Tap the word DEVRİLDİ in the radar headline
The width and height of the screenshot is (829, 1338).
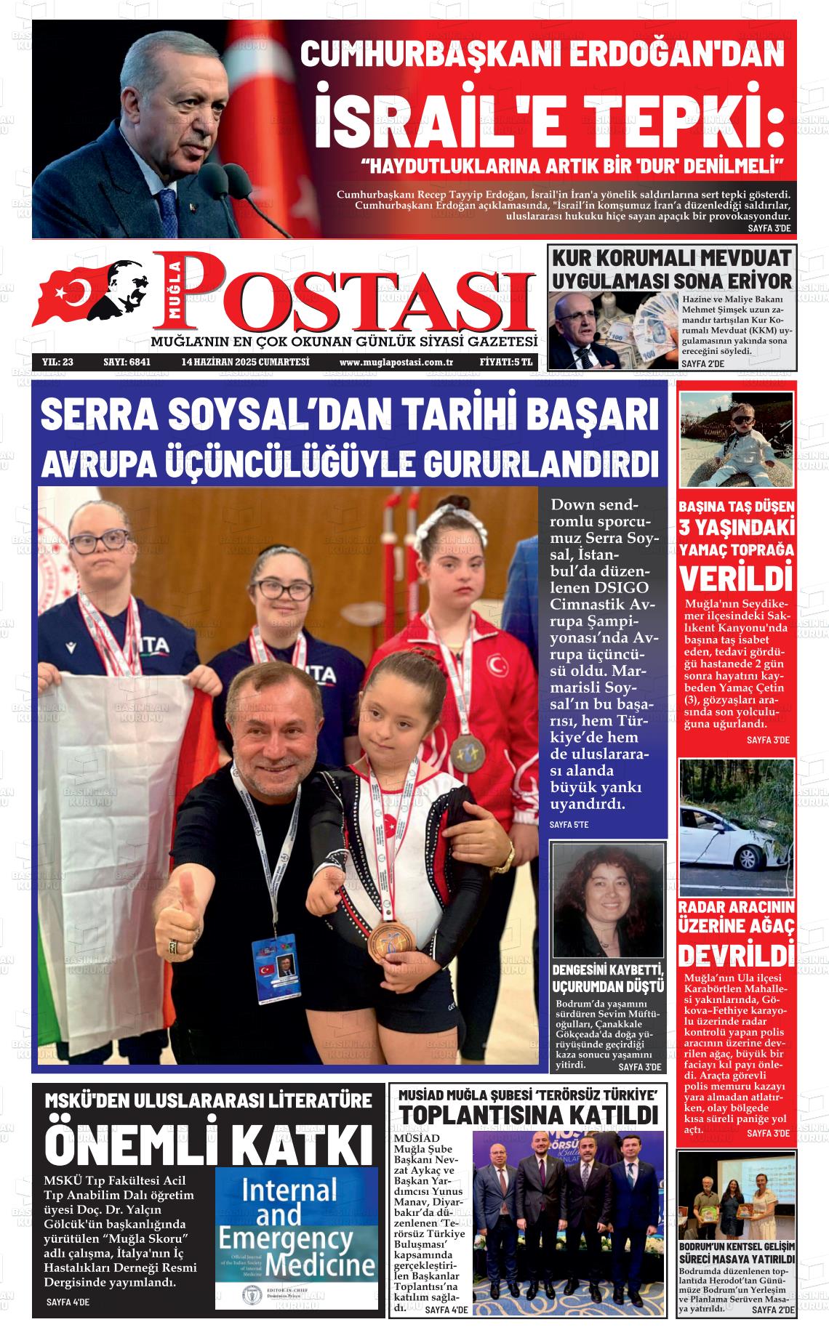(x=736, y=954)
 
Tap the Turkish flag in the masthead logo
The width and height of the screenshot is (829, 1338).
(x=69, y=294)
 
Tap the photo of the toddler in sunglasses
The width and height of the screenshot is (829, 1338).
(x=736, y=439)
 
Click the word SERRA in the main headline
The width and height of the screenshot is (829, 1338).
(x=98, y=415)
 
